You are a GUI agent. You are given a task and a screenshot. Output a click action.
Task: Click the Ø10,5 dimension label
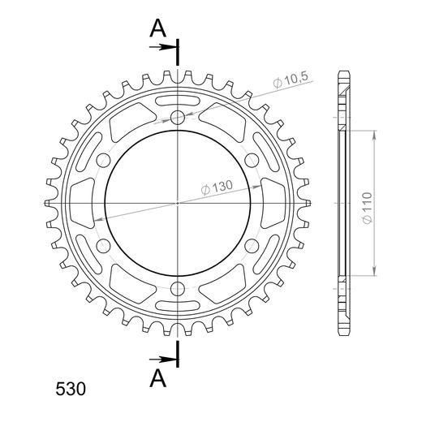pyautogui.click(x=291, y=80)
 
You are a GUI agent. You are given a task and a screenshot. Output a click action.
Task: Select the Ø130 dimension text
pyautogui.click(x=217, y=187)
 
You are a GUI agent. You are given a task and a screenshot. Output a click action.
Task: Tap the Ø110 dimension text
pyautogui.click(x=367, y=208)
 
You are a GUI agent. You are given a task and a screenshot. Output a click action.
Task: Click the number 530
pyautogui.click(x=71, y=390)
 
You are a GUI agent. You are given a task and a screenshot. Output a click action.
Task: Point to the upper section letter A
pyautogui.click(x=158, y=28)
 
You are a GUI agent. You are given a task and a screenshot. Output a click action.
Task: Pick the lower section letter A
pyautogui.click(x=158, y=378)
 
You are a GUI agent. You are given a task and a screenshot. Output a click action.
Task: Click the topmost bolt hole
pyautogui.click(x=178, y=117)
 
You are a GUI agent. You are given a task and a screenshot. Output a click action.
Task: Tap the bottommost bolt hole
pyautogui.click(x=178, y=289)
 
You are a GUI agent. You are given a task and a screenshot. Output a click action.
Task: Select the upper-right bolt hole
pyautogui.click(x=252, y=160)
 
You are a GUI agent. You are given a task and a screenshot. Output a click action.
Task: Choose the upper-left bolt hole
pyautogui.click(x=104, y=160)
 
